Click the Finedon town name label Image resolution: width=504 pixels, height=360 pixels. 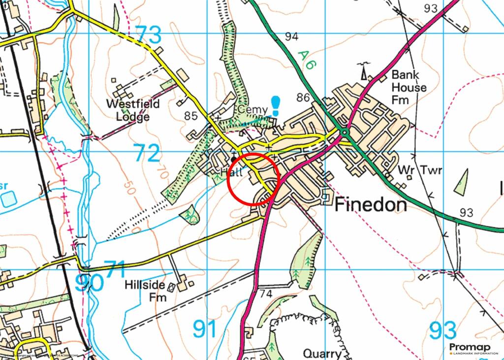pos(371,205)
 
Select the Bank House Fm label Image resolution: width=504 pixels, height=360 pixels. pos(409,87)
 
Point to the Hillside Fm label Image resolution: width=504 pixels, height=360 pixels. pos(145,291)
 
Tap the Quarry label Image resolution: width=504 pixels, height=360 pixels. pos(322,354)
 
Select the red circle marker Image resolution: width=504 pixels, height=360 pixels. pos(254,179)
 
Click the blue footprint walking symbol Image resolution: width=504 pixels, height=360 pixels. pos(276,106)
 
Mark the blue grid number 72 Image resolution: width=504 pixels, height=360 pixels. pos(147,154)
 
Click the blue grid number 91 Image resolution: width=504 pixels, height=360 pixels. pos(205,329)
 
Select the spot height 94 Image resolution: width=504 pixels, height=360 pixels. pos(291,36)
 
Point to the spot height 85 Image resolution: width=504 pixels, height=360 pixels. pos(191,116)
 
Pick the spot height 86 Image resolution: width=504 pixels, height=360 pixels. pos(304,98)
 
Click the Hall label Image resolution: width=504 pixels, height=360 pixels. pos(232,172)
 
